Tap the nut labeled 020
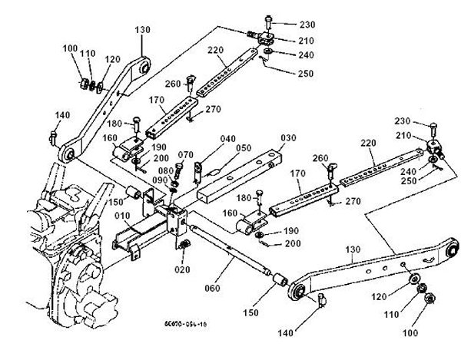coord(184,246)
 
